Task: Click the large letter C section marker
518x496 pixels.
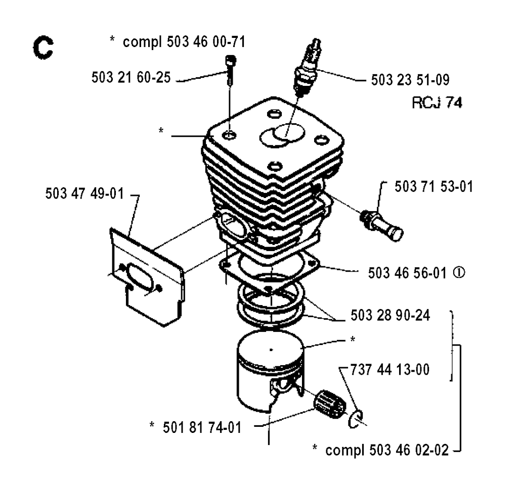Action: pyautogui.click(x=43, y=48)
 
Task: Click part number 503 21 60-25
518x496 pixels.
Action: pyautogui.click(x=131, y=78)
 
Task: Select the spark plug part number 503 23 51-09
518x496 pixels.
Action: pyautogui.click(x=410, y=80)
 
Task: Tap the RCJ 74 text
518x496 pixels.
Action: pyautogui.click(x=437, y=103)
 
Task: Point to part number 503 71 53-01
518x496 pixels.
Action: pyautogui.click(x=434, y=187)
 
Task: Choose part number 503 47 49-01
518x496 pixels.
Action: pyautogui.click(x=84, y=193)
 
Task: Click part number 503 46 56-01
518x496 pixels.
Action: pyautogui.click(x=407, y=273)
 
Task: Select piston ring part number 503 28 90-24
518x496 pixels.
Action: pyautogui.click(x=390, y=316)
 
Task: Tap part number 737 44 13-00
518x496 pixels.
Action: pyautogui.click(x=390, y=370)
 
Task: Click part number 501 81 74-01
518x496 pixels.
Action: pyautogui.click(x=202, y=428)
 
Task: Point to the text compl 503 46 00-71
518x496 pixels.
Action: pyautogui.click(x=184, y=42)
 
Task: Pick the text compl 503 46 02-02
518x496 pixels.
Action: pyautogui.click(x=387, y=450)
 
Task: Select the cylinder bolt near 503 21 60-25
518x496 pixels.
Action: pyautogui.click(x=230, y=70)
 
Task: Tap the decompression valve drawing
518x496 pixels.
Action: pyautogui.click(x=381, y=225)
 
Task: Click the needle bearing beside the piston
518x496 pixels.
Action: pyautogui.click(x=328, y=404)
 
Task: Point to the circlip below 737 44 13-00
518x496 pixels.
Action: pyautogui.click(x=356, y=419)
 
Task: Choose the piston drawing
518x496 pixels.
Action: pyautogui.click(x=271, y=371)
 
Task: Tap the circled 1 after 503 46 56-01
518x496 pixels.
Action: pyautogui.click(x=459, y=272)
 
